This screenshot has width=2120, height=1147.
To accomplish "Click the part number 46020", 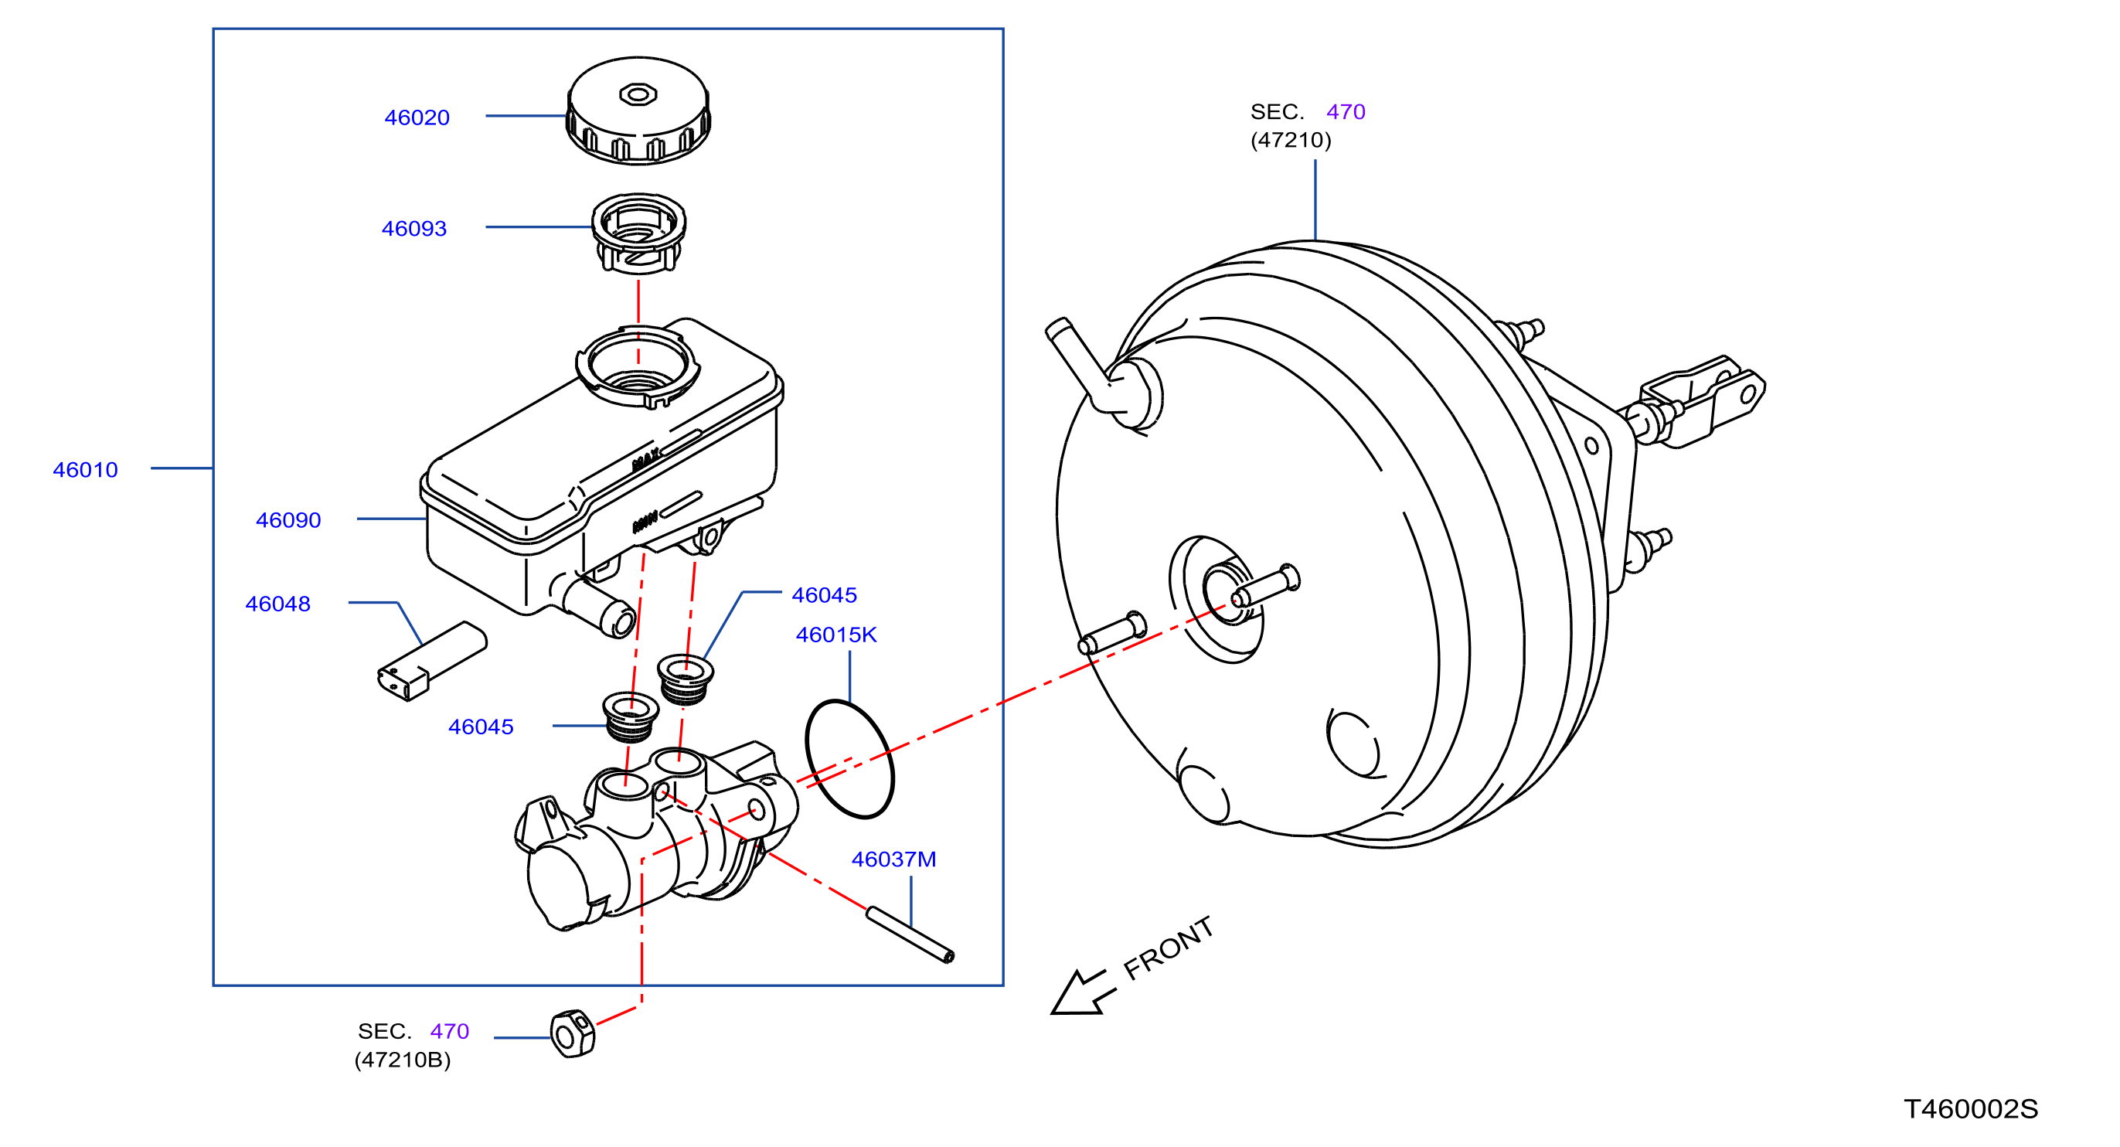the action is [x=417, y=117].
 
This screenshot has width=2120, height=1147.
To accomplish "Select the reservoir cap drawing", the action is [x=638, y=111].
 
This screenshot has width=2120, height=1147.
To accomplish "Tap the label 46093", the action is [x=414, y=229].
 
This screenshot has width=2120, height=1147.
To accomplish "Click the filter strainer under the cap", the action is [x=638, y=233].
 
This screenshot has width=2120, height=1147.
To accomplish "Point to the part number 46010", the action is [x=86, y=470].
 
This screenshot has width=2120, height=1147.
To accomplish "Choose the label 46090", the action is [x=288, y=520].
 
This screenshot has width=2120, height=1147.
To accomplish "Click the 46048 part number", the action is [x=278, y=604].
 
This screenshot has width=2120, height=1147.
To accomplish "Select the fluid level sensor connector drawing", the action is [x=432, y=662].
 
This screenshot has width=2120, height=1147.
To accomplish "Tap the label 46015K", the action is [x=836, y=635].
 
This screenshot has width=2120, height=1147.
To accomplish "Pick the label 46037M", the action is [x=893, y=859].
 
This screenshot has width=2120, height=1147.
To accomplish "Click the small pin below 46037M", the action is [x=910, y=934].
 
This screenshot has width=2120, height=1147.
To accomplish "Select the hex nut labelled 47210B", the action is [x=572, y=1034].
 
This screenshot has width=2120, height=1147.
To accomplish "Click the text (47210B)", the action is [x=403, y=1060].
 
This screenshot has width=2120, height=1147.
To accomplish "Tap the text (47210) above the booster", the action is [x=1291, y=140].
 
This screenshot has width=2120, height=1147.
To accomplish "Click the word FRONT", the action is [x=1169, y=948].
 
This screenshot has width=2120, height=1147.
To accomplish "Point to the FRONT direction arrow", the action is [x=1083, y=992].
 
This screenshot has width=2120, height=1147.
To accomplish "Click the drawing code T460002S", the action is [x=1971, y=1109].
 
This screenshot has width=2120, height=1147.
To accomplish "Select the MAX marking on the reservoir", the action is [x=646, y=459].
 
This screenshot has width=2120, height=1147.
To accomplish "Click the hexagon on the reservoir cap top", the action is [x=638, y=94].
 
